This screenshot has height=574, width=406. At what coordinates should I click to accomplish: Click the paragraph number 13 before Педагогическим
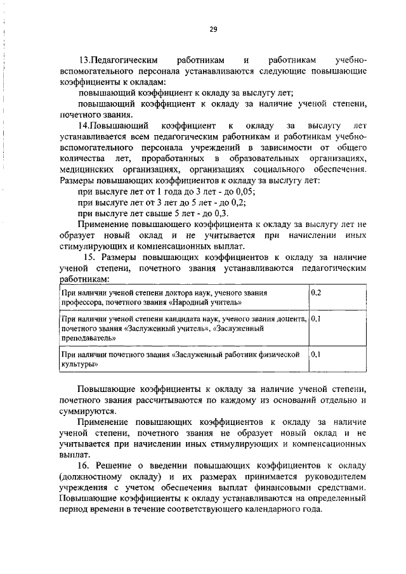click(83, 60)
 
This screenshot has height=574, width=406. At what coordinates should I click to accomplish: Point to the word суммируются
click(86, 411)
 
